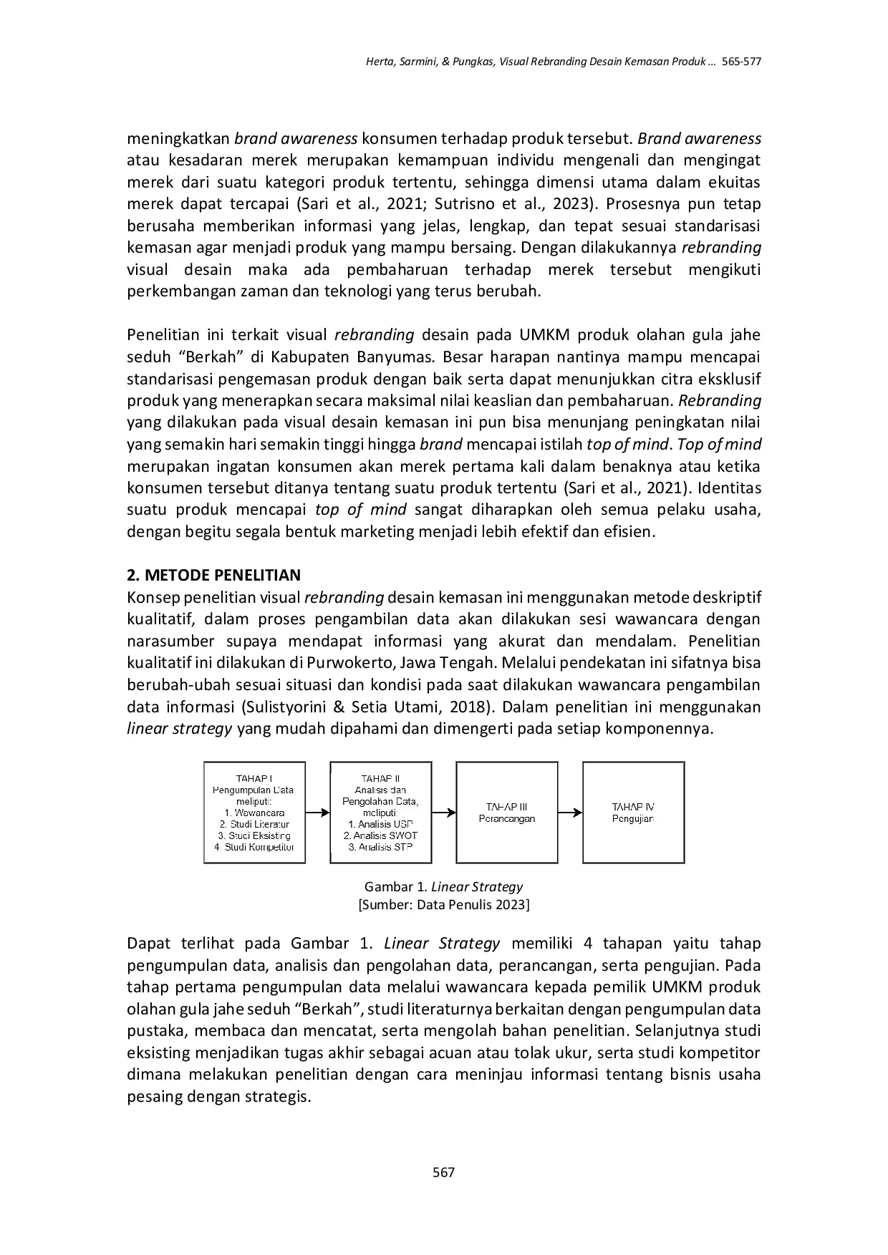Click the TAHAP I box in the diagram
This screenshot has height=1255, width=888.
(254, 812)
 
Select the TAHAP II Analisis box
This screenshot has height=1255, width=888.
(380, 812)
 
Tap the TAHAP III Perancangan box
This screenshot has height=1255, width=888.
(506, 812)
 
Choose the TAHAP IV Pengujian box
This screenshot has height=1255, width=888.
(633, 812)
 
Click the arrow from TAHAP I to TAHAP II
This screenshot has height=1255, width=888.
(317, 813)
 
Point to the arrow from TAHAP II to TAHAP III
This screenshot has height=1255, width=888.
(444, 812)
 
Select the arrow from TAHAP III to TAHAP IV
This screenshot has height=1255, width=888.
(570, 812)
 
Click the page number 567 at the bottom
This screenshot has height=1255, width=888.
(444, 1172)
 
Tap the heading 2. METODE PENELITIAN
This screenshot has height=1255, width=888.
(213, 575)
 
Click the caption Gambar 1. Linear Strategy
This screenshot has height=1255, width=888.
(443, 886)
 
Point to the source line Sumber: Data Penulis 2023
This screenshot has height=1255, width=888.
(443, 904)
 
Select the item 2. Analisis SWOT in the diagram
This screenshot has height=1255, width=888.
(380, 835)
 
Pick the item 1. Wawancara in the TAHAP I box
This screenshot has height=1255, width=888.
(254, 813)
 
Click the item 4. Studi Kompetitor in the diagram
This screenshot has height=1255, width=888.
(254, 847)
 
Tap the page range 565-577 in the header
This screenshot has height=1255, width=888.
(741, 62)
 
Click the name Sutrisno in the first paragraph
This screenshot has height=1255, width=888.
(461, 203)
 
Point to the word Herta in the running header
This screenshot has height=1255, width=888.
(380, 62)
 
